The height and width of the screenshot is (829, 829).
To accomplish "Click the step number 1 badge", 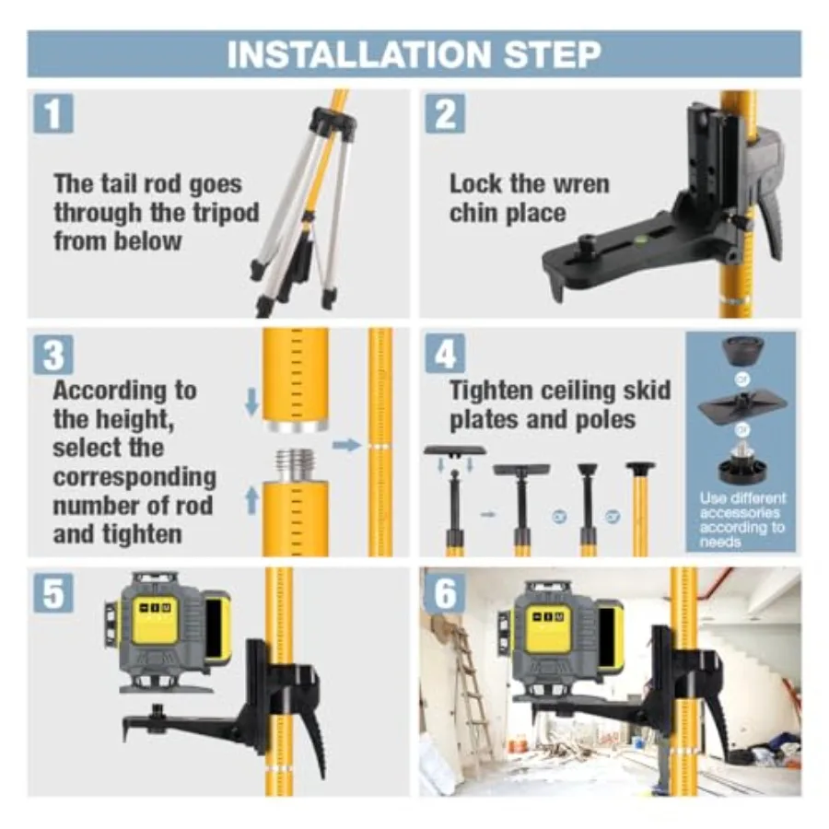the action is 53,113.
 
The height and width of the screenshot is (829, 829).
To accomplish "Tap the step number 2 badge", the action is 445,113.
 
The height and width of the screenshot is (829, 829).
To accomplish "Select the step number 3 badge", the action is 53,355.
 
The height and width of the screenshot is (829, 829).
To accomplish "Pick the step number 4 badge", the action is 445,353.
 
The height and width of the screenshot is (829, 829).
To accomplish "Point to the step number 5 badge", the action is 53,593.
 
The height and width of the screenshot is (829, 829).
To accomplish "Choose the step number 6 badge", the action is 445,593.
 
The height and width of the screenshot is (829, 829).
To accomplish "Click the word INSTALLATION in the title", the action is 359,54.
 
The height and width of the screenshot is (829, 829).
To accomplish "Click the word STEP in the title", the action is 553,54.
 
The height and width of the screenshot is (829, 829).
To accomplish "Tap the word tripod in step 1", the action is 227,213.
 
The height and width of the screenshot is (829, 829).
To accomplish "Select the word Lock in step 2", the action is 475,184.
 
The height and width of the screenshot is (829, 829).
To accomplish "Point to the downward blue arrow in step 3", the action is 252,402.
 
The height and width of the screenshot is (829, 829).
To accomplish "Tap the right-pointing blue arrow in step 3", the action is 347,445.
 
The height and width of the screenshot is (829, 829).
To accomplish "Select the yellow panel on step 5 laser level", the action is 156,620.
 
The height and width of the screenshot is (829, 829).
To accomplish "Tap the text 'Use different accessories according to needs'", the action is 741,520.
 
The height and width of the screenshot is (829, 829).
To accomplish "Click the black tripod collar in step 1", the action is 333,123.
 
